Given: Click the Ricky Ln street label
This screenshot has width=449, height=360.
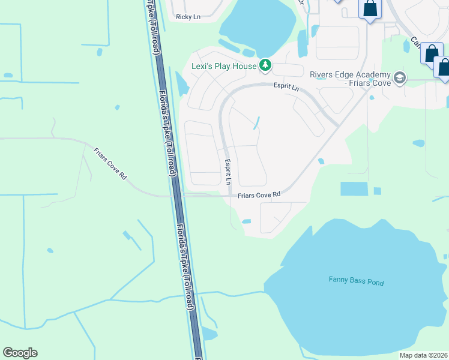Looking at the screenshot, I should click(x=188, y=17).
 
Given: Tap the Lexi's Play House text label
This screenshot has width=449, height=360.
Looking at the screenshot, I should click(x=224, y=66).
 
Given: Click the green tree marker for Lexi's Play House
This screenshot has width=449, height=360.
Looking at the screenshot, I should click(x=265, y=65).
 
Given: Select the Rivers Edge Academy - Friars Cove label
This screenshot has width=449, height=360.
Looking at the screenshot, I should click(x=350, y=79).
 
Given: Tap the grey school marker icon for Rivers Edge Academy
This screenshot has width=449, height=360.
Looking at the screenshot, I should click(x=400, y=78).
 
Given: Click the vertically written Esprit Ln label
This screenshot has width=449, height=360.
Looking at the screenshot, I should click(x=228, y=170).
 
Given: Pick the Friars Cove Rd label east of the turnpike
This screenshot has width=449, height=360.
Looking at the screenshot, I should click(x=259, y=194).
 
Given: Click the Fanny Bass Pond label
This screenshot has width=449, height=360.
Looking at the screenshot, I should click(x=356, y=281).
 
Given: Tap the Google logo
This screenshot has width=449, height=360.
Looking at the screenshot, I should click(x=20, y=353).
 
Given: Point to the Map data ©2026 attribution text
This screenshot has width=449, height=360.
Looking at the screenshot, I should click(x=423, y=355).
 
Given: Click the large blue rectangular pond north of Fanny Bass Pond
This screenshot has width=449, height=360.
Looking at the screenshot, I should click(x=354, y=188).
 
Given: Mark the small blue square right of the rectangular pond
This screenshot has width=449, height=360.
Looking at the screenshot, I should click(x=377, y=191).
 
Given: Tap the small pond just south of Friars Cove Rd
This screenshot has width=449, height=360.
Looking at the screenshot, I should click(x=246, y=221).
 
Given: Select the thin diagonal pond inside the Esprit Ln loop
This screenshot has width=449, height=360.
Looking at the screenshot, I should click(x=256, y=123).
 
